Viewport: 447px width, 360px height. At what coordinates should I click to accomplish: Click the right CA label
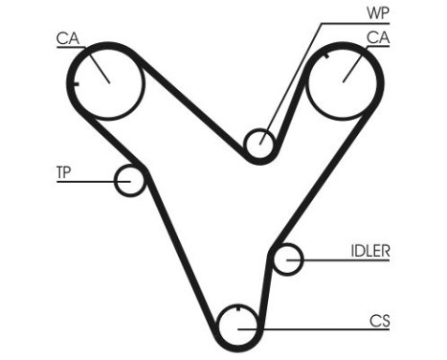pos(377,39)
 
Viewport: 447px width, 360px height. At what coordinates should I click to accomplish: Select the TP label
pos(64,173)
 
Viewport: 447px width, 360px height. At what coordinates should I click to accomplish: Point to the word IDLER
pos(370,251)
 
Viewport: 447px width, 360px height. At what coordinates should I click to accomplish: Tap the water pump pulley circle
pos(258,145)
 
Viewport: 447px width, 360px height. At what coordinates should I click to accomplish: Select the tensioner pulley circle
pos(129,180)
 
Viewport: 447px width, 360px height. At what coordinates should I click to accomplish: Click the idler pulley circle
pos(288,258)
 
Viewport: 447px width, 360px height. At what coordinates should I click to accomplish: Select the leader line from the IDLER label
pos(330,258)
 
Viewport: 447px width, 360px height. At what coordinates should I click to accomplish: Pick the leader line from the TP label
pos(86,180)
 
